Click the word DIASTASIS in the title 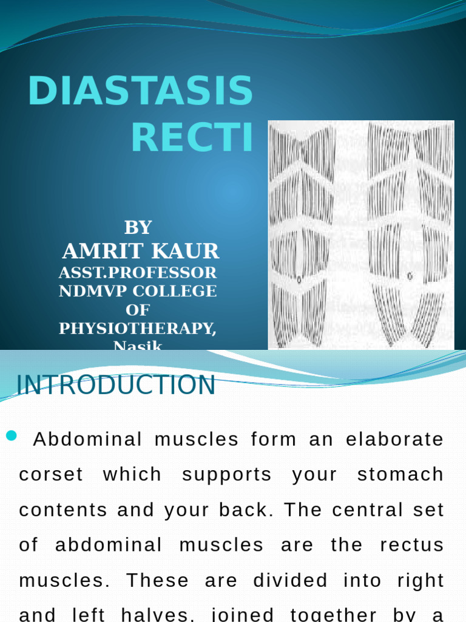click(140, 92)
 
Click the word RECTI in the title click(192, 138)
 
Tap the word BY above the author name click(138, 228)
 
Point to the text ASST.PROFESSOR click(138, 272)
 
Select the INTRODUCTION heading click(115, 385)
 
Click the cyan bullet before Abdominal click(11, 435)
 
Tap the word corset click(51, 474)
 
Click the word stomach click(400, 474)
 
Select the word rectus click(412, 545)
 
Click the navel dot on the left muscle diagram click(299, 280)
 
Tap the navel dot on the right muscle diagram click(410, 276)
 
